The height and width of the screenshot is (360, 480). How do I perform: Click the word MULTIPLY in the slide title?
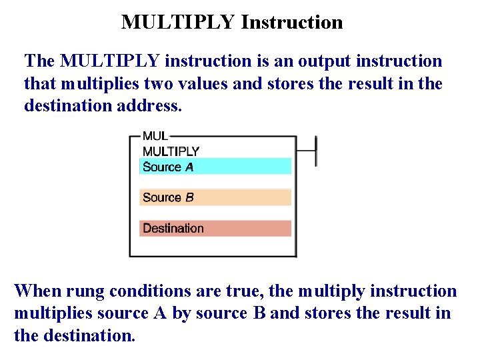tap(178, 22)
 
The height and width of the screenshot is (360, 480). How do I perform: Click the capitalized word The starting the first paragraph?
tap(39, 61)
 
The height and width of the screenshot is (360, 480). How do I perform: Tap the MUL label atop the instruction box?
tap(155, 136)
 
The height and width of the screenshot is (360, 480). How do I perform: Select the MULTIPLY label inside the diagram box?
tap(171, 151)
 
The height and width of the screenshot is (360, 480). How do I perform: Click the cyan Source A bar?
tap(215, 167)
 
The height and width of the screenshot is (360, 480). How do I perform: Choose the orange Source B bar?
tap(215, 197)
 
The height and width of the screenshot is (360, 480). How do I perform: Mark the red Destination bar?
tap(215, 228)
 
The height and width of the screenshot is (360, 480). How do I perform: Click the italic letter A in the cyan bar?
tap(189, 167)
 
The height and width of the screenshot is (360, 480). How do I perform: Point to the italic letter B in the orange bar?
tap(189, 197)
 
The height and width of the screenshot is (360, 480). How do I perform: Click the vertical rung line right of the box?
tap(315, 151)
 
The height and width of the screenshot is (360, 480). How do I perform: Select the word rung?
tap(85, 291)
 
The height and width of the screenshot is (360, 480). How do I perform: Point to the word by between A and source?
tap(181, 313)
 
